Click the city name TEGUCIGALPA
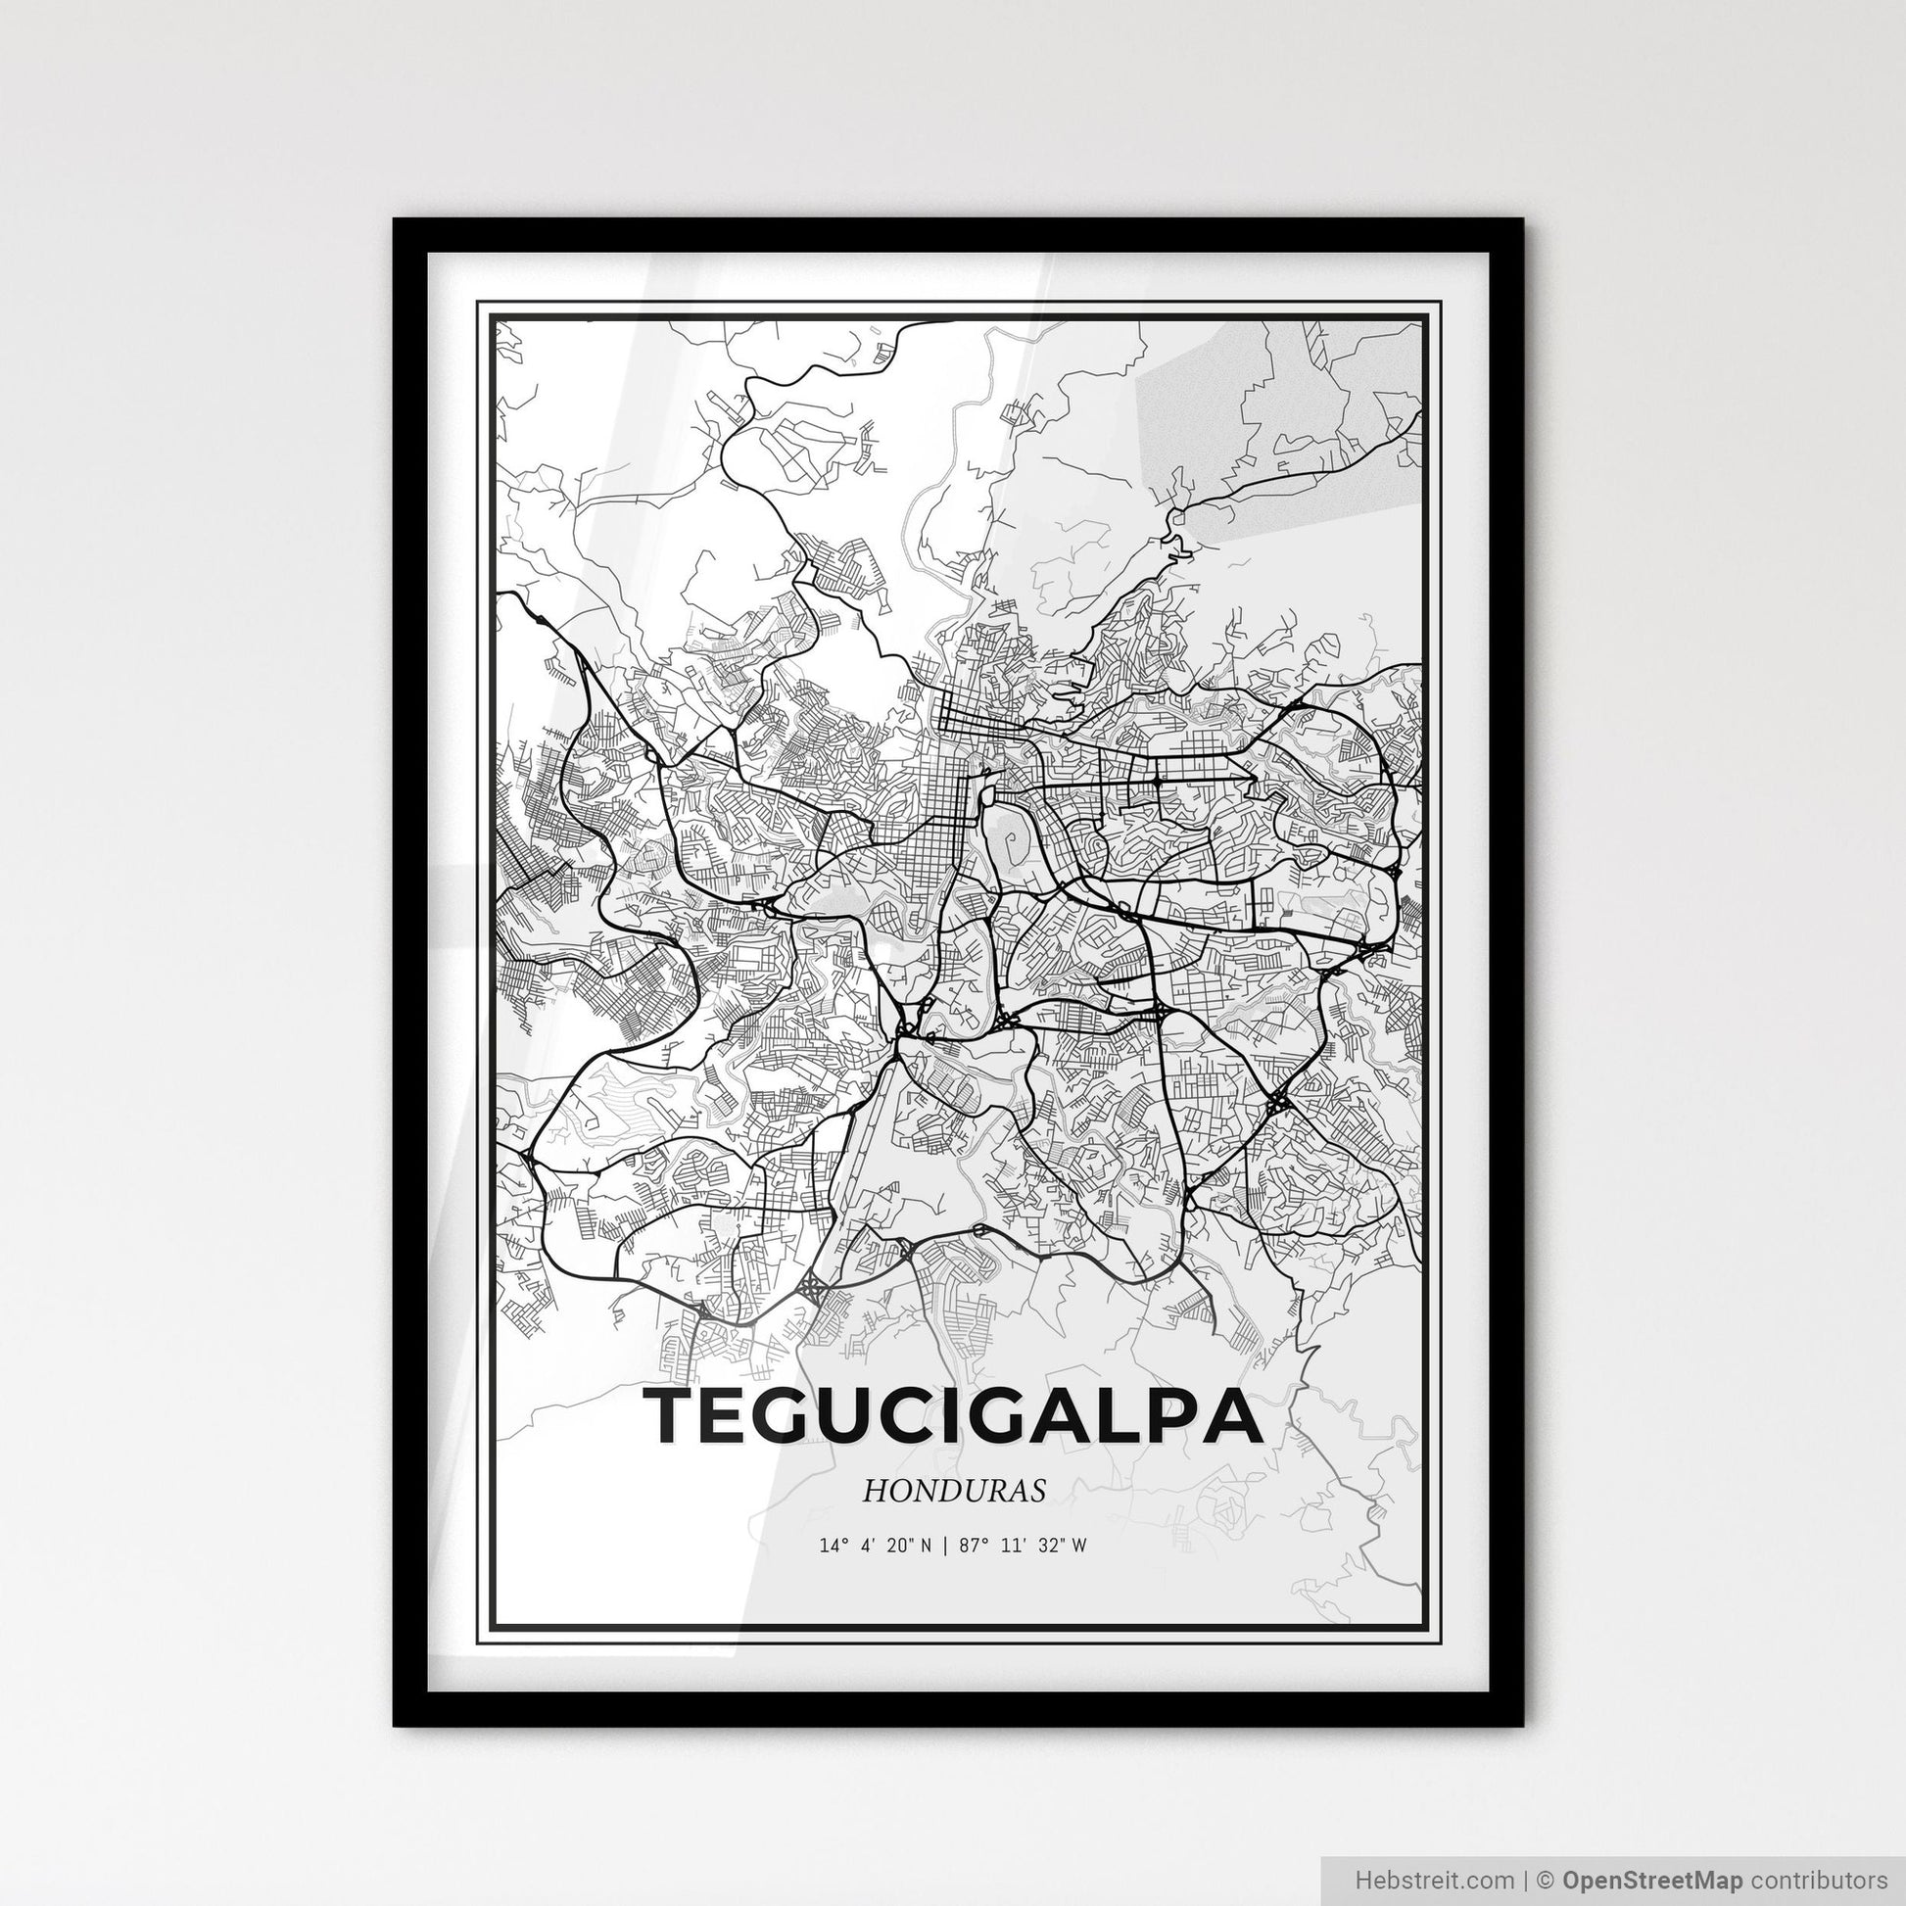(952, 1414)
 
